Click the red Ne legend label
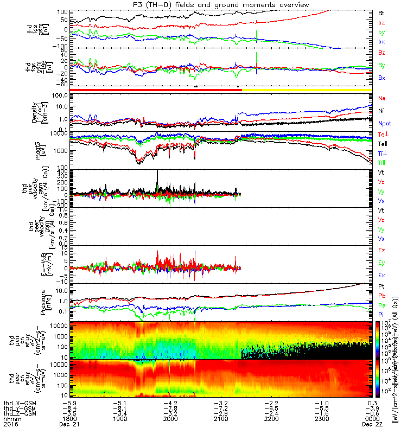click(381, 98)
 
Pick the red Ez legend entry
click(381, 250)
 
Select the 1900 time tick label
click(120, 419)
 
